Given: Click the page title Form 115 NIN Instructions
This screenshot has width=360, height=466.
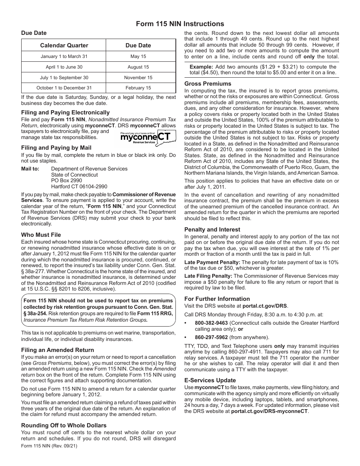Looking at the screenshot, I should coord(180,23).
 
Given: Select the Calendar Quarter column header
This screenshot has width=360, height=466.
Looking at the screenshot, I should coord(64,45).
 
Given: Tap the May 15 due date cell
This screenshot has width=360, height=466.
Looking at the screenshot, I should coord(138,56).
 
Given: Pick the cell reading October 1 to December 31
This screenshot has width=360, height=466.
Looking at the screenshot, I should coord(64,88).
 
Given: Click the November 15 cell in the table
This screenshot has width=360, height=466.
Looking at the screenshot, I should coord(138,78).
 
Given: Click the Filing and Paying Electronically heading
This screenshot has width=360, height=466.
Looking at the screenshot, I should coord(65,113).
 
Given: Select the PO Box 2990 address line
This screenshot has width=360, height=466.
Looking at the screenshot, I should coord(66,181).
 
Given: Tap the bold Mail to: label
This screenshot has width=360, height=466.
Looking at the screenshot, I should coord(30,169).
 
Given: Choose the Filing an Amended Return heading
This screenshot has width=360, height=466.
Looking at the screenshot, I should coord(57,350).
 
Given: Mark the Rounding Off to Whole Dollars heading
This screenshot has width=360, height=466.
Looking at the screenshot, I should coord(64,425).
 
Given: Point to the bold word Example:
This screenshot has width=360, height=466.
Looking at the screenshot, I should coord(202,67).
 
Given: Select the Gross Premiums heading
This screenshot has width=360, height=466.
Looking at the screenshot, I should coord(208,84).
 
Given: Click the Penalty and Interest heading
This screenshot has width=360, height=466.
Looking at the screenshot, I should coord(212,230).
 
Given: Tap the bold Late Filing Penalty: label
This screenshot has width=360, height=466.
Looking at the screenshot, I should coord(208,276).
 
